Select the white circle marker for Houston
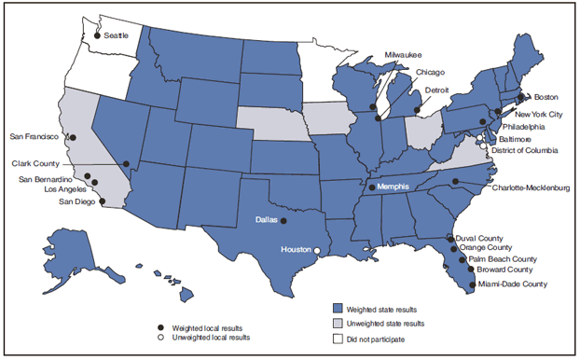coord(318,251)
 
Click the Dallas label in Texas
coord(265,221)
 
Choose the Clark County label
coord(36,163)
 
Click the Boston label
coord(545,96)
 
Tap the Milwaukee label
coord(402,55)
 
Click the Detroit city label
coord(437,90)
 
